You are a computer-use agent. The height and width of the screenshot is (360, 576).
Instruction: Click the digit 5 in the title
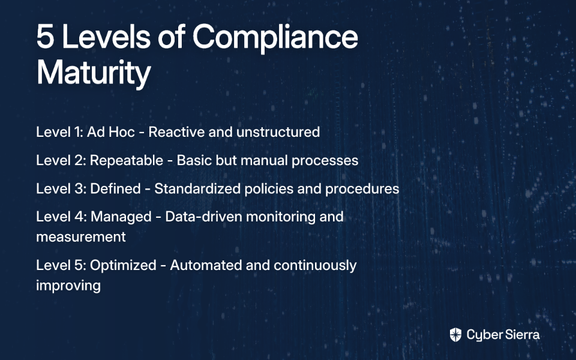46,37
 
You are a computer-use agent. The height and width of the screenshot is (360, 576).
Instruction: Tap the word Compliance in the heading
275,38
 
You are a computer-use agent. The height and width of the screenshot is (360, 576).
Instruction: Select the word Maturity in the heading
94,73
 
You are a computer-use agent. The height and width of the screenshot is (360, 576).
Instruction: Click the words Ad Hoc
111,132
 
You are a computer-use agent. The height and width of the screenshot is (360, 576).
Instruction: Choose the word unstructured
278,132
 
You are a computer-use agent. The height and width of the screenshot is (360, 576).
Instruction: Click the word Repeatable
127,161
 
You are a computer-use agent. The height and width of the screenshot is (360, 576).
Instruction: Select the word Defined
115,188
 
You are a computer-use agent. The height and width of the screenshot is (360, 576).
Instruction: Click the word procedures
362,189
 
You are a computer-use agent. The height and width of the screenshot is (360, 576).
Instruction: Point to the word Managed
121,217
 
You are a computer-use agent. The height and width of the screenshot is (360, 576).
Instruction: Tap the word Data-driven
203,217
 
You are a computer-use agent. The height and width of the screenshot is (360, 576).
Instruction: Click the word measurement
81,237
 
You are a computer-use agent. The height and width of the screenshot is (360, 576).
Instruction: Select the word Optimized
124,265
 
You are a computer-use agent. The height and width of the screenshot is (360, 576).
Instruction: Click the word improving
68,286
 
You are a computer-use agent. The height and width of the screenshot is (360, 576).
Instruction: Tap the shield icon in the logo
455,335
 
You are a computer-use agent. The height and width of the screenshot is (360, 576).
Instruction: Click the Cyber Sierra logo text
503,335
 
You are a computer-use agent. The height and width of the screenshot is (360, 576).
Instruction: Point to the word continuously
315,266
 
